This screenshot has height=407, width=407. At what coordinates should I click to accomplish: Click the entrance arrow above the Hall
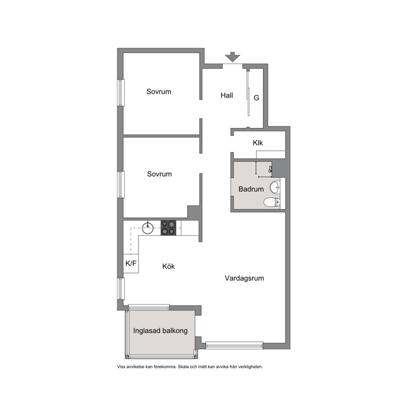(x=232, y=57)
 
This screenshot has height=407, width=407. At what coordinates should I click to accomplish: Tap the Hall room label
(x=226, y=95)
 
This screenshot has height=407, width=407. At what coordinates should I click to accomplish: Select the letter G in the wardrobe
(x=256, y=98)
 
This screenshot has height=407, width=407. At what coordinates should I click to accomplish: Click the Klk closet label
(x=258, y=143)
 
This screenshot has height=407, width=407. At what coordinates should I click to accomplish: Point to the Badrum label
(x=251, y=189)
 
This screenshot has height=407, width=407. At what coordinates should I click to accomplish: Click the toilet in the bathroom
(x=272, y=202)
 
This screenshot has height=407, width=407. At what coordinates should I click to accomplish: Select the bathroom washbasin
(x=275, y=187)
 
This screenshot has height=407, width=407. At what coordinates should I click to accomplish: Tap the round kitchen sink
(x=148, y=228)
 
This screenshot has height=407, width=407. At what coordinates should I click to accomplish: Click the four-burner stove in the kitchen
(x=169, y=228)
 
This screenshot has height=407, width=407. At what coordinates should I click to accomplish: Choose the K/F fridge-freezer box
(x=131, y=264)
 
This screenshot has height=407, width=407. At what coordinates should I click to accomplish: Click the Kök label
(x=169, y=266)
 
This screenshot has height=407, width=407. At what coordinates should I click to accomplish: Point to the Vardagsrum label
(x=244, y=278)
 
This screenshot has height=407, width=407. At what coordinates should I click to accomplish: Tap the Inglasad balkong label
(x=160, y=331)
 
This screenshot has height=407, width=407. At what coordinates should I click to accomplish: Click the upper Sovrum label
(x=159, y=92)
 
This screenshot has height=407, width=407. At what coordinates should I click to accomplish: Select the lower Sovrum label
(x=159, y=174)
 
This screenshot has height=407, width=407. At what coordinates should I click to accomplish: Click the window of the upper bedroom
(x=121, y=93)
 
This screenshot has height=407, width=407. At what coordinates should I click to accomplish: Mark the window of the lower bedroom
(x=121, y=184)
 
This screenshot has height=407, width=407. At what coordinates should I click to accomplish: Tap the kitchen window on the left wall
(x=121, y=289)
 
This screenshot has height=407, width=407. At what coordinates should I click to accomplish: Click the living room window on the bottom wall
(x=234, y=345)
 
